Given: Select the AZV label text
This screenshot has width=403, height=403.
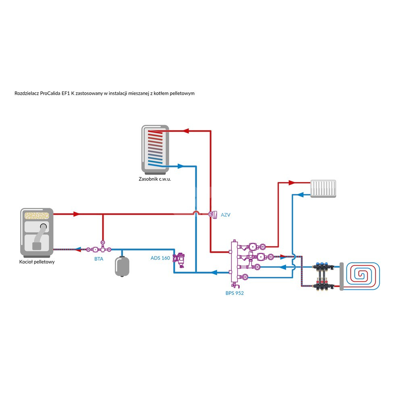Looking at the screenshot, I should [225, 215].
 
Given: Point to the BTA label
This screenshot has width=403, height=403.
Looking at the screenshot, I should [99, 259].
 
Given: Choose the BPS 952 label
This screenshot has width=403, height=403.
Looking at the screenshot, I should [235, 293].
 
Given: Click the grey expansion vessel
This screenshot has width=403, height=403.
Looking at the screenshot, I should [122, 266].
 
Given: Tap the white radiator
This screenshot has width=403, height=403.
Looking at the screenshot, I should [324, 188].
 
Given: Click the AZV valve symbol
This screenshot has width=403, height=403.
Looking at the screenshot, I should [212, 214].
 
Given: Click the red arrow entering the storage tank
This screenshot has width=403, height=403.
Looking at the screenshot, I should [186, 131].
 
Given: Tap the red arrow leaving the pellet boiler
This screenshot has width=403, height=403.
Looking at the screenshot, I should [76, 214].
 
